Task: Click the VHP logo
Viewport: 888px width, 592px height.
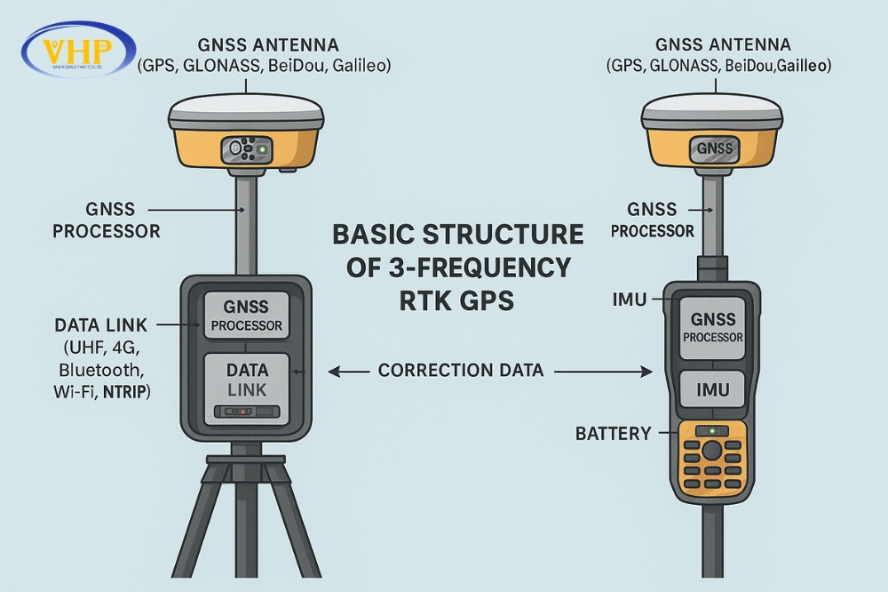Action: click(79, 50)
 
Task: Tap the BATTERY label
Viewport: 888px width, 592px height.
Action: click(613, 435)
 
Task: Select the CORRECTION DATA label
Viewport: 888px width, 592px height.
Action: click(461, 370)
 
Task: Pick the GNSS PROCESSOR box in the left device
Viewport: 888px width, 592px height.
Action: click(246, 315)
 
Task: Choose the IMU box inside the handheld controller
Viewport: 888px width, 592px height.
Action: click(711, 389)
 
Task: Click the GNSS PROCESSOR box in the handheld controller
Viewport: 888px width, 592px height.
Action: click(711, 327)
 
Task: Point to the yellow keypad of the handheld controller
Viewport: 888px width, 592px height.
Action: click(711, 458)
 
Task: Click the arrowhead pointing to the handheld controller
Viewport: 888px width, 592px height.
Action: click(648, 371)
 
